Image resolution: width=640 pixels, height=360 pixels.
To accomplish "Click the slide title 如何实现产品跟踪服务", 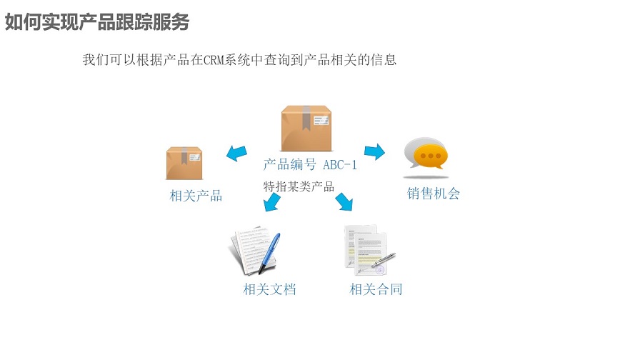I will (x=97, y=21).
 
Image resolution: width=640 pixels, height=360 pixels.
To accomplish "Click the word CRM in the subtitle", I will (x=215, y=60).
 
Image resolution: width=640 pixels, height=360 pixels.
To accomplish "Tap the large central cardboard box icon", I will (x=306, y=129).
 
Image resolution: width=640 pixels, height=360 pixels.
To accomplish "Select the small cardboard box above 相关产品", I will (x=184, y=164).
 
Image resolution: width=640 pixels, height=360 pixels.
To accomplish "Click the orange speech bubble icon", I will (x=426, y=154).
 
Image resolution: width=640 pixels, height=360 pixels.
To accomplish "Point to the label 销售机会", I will (x=434, y=193).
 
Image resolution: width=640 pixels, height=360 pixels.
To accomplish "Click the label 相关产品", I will (x=196, y=196).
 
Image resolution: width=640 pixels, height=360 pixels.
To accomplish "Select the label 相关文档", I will (x=269, y=289).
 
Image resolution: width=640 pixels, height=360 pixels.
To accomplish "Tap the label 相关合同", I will (x=376, y=289).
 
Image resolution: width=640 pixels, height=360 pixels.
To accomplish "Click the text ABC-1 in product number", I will (x=340, y=165).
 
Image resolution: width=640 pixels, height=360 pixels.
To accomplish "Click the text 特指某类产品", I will (x=299, y=187).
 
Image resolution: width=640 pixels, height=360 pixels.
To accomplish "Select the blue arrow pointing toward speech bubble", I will (x=374, y=151).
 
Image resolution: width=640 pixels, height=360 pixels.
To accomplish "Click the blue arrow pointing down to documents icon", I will (x=271, y=204).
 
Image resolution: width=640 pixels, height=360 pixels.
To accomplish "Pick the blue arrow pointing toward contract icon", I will (x=344, y=202).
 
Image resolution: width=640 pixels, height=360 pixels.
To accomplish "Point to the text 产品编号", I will (x=289, y=165).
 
